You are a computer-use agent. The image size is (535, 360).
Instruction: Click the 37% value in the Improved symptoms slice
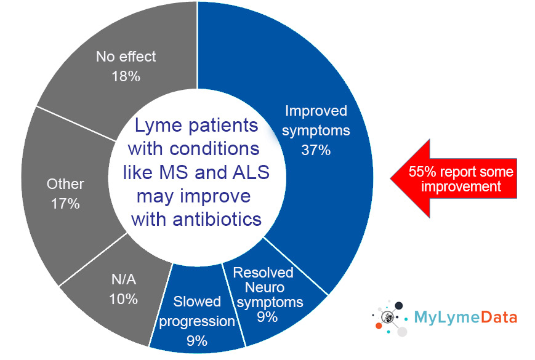[316, 150]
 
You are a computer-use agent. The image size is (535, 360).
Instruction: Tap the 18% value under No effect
[126, 76]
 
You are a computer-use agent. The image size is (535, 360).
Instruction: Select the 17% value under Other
[65, 204]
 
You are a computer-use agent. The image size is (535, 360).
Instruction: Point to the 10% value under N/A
[123, 299]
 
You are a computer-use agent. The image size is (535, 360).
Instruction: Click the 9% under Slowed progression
[197, 341]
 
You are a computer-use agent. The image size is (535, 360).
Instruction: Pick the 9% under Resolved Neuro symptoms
[267, 317]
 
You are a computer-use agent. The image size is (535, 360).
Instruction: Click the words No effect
[126, 57]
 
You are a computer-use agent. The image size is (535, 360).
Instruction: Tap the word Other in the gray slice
[65, 184]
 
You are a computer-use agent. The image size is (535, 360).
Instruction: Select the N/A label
[124, 279]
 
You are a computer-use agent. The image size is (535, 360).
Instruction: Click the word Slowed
[197, 302]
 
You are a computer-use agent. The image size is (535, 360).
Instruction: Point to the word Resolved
[263, 273]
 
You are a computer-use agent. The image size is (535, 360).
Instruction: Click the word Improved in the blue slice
[316, 111]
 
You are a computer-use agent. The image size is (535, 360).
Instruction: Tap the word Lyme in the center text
[158, 126]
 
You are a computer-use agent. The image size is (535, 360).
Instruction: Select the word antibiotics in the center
[217, 219]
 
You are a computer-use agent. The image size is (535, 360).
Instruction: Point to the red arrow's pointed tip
[391, 178]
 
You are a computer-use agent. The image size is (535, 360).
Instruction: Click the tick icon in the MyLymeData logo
[388, 318]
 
